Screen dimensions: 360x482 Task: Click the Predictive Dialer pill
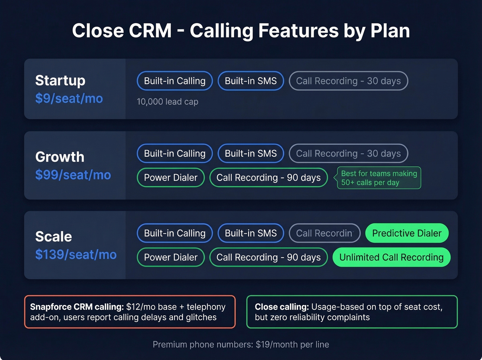click(407, 233)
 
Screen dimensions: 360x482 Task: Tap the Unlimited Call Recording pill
click(391, 257)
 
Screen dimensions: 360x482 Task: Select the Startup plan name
click(60, 81)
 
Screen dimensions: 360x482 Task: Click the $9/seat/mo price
click(69, 99)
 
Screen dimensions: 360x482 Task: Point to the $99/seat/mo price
click(73, 175)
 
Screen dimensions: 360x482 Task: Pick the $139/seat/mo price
click(76, 255)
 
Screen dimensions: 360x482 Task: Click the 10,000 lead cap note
click(167, 102)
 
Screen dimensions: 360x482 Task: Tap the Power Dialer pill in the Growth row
click(170, 177)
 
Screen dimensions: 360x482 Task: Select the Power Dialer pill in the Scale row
click(170, 257)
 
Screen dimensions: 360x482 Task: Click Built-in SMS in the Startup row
click(251, 81)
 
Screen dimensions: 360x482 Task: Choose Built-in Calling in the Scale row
click(175, 233)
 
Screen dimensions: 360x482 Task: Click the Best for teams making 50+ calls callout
click(379, 178)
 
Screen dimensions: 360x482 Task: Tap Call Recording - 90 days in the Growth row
click(268, 177)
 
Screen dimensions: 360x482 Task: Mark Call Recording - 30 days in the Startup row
click(348, 81)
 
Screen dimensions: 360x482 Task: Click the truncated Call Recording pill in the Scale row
click(324, 233)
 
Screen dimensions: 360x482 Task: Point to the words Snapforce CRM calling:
click(77, 307)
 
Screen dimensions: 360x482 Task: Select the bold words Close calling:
click(282, 307)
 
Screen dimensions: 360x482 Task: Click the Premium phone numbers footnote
click(241, 344)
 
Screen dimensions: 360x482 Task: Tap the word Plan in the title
click(390, 31)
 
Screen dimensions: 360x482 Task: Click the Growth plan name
click(60, 157)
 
